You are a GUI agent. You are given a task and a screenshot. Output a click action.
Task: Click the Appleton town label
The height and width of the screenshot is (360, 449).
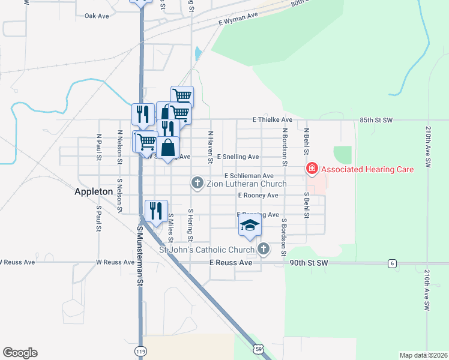pyautogui.click(x=93, y=191)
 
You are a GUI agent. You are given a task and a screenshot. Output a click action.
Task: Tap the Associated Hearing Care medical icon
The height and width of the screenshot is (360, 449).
pyautogui.click(x=312, y=169)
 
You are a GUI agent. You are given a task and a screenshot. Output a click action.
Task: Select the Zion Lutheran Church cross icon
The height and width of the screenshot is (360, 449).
pyautogui.click(x=196, y=182)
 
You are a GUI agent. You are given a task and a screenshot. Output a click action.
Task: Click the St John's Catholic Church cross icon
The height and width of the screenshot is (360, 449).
pyautogui.click(x=263, y=248)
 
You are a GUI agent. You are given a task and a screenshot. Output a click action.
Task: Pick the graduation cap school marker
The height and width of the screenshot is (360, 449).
pyautogui.click(x=250, y=226)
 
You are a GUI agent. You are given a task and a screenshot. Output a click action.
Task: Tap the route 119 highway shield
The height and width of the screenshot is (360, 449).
pyautogui.click(x=140, y=351)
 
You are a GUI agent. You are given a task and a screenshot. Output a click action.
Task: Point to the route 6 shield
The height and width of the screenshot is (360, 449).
pyautogui.click(x=392, y=263)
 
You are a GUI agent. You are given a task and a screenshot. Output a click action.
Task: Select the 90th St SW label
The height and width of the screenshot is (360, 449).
pyautogui.click(x=309, y=263)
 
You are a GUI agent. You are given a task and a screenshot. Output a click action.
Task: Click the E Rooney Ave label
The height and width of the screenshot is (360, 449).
pyautogui.click(x=258, y=196)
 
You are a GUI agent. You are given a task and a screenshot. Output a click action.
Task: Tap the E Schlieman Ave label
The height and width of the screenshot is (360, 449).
pyautogui.click(x=249, y=175)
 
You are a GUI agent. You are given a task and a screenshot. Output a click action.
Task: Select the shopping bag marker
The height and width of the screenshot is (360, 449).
pyautogui.click(x=169, y=147)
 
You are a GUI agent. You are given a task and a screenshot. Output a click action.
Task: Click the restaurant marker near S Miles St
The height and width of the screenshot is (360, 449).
pyautogui.click(x=156, y=211)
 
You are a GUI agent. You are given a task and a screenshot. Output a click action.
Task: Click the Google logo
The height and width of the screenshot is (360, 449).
pyautogui.click(x=20, y=353)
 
